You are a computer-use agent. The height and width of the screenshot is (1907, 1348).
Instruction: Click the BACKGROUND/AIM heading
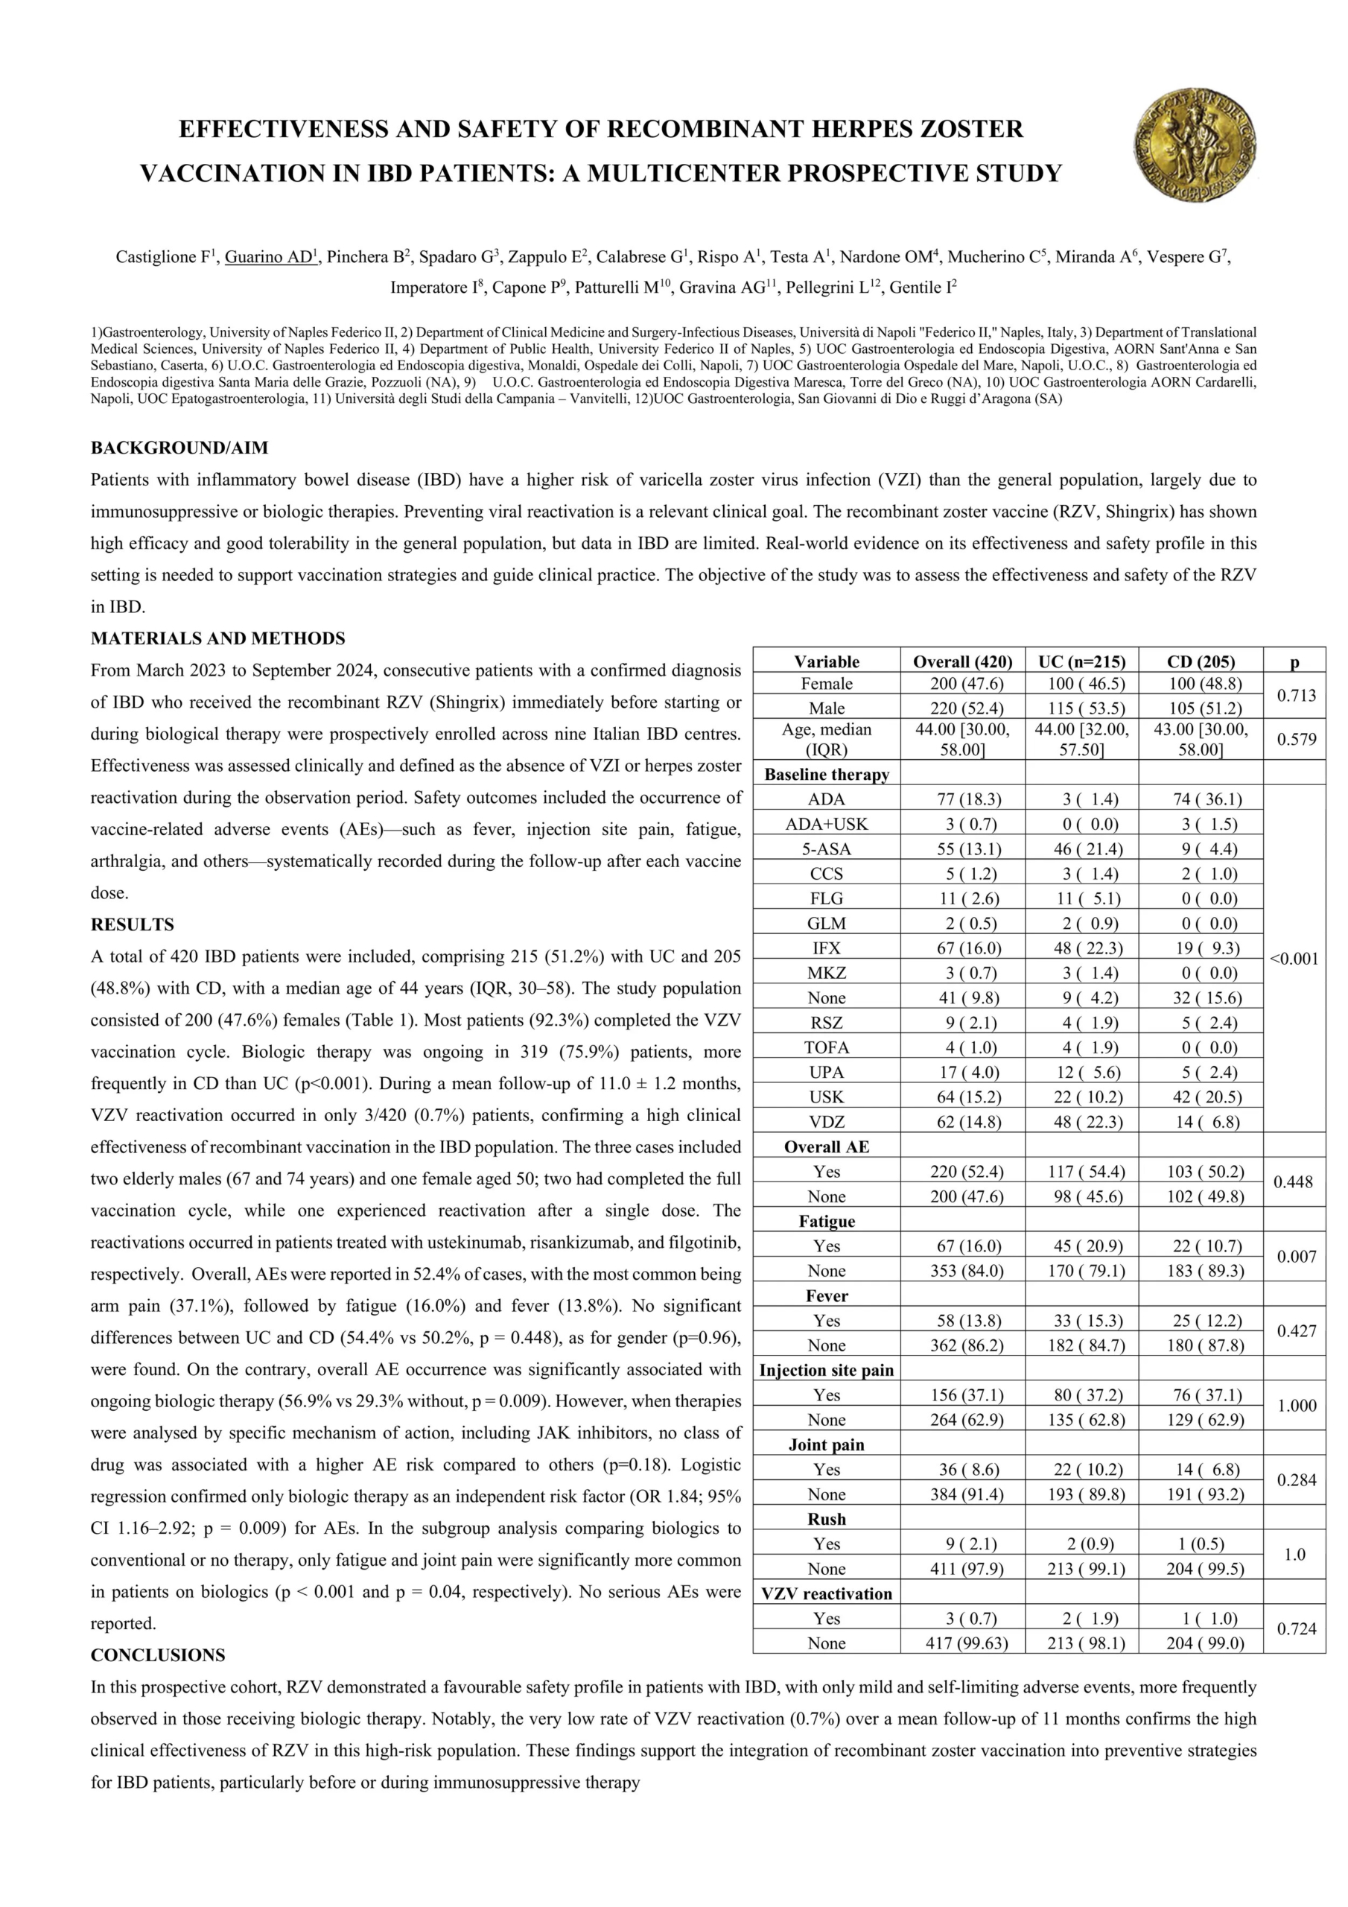coord(179,448)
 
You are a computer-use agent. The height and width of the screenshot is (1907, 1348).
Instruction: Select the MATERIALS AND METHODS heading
coord(217,638)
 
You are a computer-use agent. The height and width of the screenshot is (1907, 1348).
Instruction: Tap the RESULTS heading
coord(132,924)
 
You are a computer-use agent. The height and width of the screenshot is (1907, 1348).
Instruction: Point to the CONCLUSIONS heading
coord(158,1655)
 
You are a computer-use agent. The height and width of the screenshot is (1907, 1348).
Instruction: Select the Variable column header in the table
coord(827,661)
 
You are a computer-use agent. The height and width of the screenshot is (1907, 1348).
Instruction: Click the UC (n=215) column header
coord(1081,661)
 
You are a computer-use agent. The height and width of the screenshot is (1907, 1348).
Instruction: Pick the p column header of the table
coord(1294,661)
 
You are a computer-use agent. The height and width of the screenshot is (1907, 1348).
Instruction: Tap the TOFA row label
coord(827,1047)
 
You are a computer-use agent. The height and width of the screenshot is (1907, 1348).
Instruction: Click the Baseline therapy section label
coord(827,774)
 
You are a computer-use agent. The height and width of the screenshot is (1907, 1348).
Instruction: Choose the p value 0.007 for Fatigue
coord(1294,1257)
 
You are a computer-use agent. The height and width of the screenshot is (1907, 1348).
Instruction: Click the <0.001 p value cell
coord(1294,959)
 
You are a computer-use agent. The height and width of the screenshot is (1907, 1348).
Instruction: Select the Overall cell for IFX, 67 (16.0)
coord(963,948)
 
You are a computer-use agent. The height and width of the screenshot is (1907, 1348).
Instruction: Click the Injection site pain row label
coord(827,1371)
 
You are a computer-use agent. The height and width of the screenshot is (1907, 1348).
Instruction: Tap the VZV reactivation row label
coord(827,1594)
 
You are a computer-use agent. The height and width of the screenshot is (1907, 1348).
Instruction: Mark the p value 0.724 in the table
coord(1294,1630)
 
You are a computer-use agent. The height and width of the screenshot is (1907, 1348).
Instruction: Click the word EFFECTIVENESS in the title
coord(285,129)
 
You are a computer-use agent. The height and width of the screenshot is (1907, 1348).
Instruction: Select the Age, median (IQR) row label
coord(827,739)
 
